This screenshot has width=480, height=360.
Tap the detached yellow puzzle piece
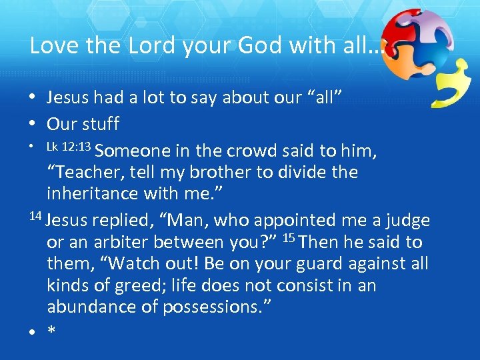click(451, 83)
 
